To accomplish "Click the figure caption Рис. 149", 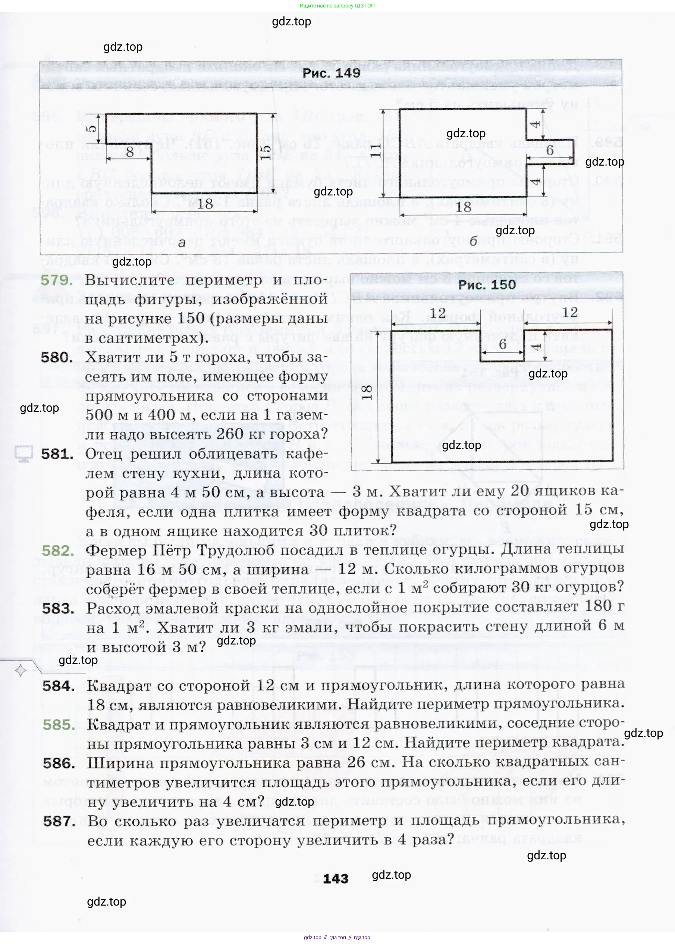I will (331, 73).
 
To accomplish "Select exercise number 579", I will (57, 280).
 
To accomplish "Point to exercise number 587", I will (59, 821).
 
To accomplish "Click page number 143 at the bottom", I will (335, 878).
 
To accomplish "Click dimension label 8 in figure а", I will (130, 152).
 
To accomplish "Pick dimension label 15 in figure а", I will (265, 152).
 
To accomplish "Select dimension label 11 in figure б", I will (375, 150).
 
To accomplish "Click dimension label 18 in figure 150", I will (366, 392).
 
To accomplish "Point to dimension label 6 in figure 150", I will (502, 344).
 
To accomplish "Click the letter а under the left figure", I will (182, 243).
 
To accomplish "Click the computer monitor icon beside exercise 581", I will (24, 454).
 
